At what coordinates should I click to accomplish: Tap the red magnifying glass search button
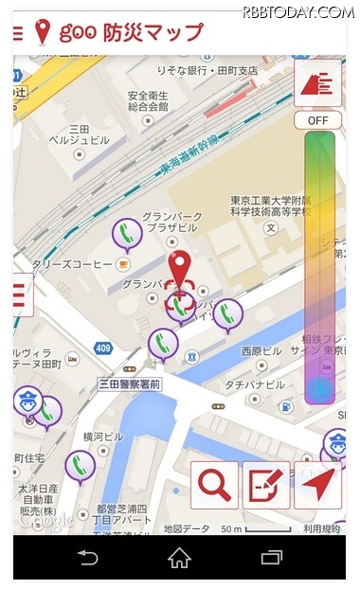(x=215, y=486)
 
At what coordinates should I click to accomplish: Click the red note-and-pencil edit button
(x=266, y=486)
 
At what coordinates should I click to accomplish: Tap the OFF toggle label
(x=317, y=120)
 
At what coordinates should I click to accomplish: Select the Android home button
(x=180, y=558)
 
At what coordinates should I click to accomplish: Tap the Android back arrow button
(x=88, y=558)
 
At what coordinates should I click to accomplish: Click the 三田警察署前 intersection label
(x=130, y=384)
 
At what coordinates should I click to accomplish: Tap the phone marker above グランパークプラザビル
(x=127, y=233)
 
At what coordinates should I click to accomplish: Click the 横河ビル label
(x=103, y=437)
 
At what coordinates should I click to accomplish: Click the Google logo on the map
(x=45, y=520)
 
